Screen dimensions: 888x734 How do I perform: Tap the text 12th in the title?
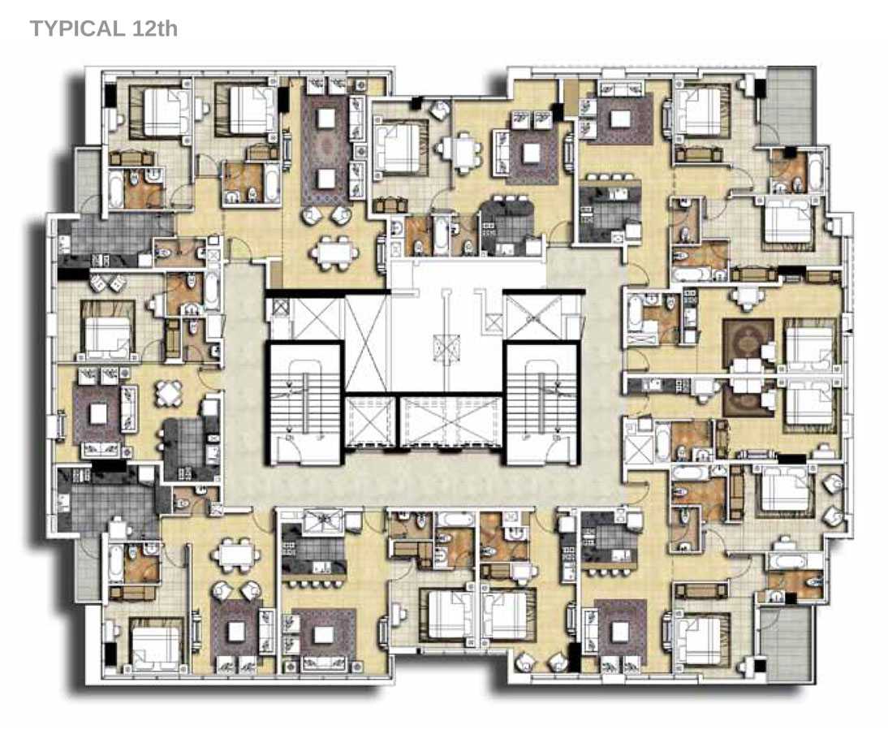(x=154, y=28)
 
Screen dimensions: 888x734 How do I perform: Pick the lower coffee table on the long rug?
(x=326, y=179)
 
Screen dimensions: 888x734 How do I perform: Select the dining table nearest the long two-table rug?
(x=334, y=251)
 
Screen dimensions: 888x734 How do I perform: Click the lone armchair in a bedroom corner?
(x=440, y=110)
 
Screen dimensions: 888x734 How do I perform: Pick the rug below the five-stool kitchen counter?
(x=323, y=635)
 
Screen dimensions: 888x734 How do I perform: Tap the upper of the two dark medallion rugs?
(x=748, y=342)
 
